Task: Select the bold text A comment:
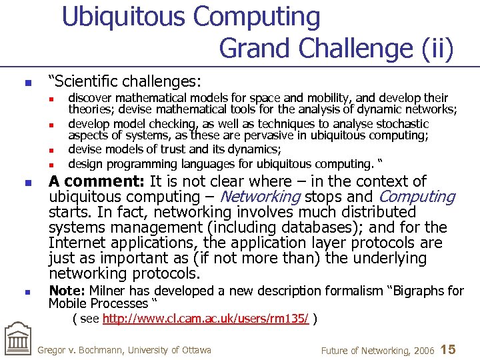(x=97, y=181)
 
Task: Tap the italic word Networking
(x=261, y=197)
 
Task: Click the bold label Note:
(x=67, y=291)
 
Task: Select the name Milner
(x=107, y=291)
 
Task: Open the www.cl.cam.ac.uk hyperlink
(x=205, y=319)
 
